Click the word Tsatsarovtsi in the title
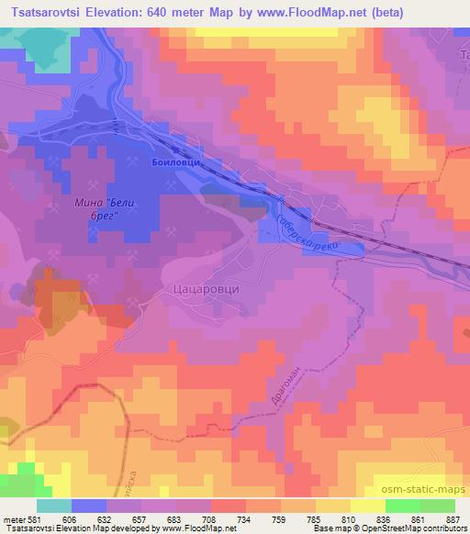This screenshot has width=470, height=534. (x=56, y=13)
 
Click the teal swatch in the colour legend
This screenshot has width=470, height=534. (x=53, y=506)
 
